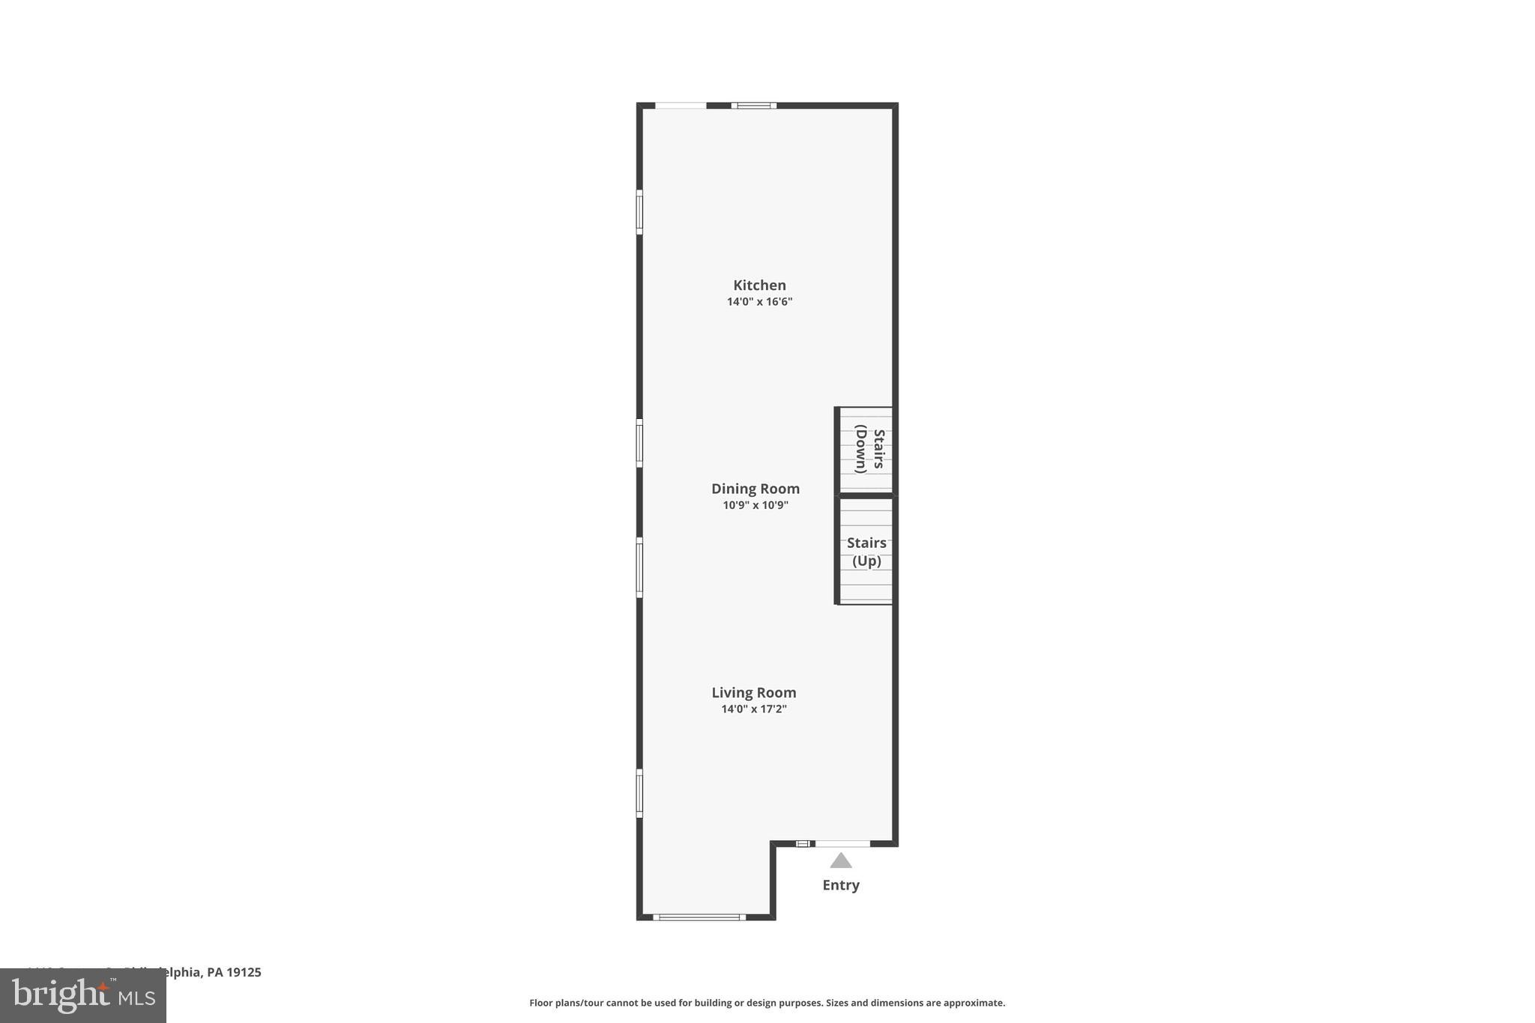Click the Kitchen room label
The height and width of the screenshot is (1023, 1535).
pyautogui.click(x=759, y=285)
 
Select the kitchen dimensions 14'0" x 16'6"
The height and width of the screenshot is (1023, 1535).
pyautogui.click(x=759, y=302)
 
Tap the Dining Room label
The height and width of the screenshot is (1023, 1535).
pyautogui.click(x=756, y=489)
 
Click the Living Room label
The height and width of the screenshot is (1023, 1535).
pyautogui.click(x=754, y=692)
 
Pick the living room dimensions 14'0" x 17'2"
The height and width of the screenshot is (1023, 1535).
pyautogui.click(x=754, y=709)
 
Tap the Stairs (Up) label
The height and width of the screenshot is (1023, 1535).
pyautogui.click(x=866, y=552)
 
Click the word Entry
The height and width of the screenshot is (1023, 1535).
pyautogui.click(x=841, y=885)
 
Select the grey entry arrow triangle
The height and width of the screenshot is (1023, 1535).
pyautogui.click(x=841, y=860)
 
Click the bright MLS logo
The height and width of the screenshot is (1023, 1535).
pyautogui.click(x=82, y=995)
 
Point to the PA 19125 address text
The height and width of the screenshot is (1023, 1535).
pyautogui.click(x=234, y=972)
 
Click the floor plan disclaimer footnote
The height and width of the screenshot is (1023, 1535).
pyautogui.click(x=767, y=1003)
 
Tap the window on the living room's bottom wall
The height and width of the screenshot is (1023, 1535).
pyautogui.click(x=699, y=917)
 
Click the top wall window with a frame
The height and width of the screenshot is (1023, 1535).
pyautogui.click(x=754, y=106)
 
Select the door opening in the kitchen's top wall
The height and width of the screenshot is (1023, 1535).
pyautogui.click(x=681, y=106)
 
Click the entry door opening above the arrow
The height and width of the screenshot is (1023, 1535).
pyautogui.click(x=842, y=844)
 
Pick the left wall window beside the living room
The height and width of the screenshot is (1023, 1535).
pyautogui.click(x=639, y=793)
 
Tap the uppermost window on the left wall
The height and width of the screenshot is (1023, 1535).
pyautogui.click(x=639, y=211)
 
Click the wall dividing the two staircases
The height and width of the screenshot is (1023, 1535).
pyautogui.click(x=865, y=495)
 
